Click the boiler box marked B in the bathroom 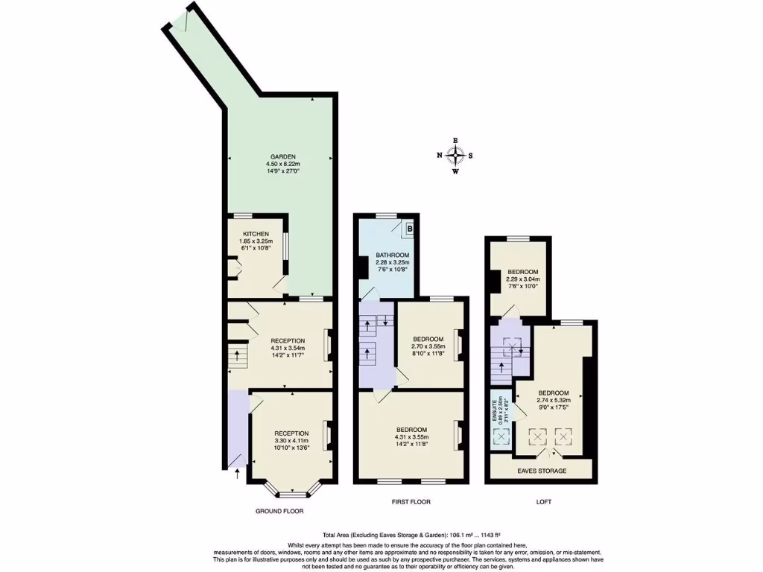409,229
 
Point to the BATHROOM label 392,255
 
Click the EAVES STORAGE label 542,471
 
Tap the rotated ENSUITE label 494,409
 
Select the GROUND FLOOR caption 279,512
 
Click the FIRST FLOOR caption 411,502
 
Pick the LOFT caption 544,502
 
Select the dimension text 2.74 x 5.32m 553,400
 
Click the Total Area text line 411,535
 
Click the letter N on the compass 440,156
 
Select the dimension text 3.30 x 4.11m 291,440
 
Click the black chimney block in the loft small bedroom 495,280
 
